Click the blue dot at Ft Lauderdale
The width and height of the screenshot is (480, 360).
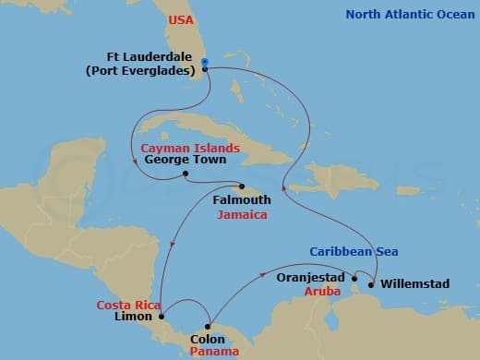(205, 63)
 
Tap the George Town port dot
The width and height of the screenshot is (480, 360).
(186, 174)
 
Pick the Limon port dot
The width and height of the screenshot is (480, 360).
(162, 318)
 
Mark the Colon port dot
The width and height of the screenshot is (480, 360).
(209, 325)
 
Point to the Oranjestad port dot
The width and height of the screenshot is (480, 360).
(354, 277)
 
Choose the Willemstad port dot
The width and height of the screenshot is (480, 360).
(371, 284)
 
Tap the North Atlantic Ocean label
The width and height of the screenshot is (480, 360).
(413, 14)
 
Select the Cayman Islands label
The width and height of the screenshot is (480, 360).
(190, 148)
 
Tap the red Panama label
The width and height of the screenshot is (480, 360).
(222, 351)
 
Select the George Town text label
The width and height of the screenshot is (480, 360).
(180, 160)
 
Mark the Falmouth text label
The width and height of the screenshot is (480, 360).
(242, 200)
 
